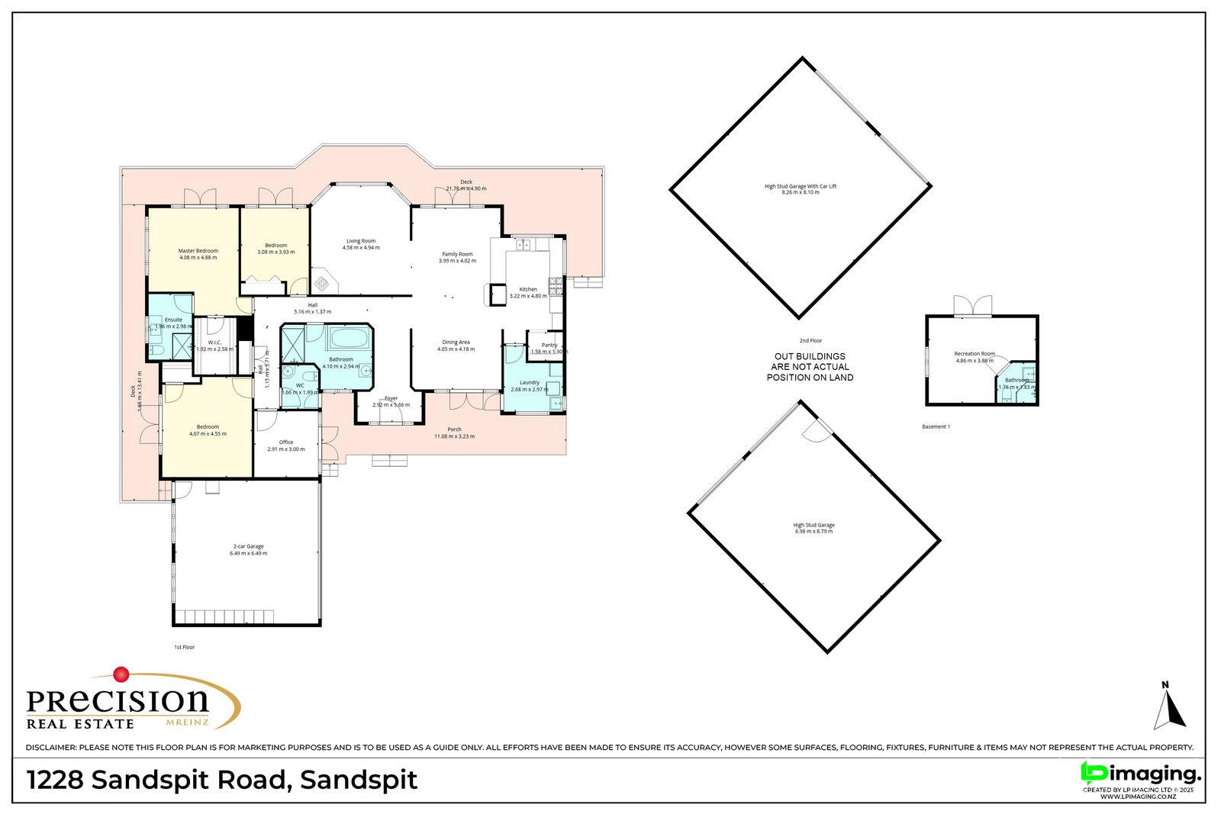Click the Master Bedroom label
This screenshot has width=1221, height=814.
(x=198, y=251)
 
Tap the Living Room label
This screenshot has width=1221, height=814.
(x=360, y=241)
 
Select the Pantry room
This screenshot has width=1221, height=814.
(x=549, y=348)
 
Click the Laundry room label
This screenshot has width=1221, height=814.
(x=529, y=383)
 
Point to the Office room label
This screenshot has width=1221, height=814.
(x=285, y=442)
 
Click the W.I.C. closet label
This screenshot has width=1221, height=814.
(x=214, y=343)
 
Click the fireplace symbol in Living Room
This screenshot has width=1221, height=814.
(x=324, y=282)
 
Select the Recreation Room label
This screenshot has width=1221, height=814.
(x=974, y=354)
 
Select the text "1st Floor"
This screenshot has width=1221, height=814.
(x=184, y=647)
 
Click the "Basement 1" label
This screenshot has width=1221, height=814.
(x=936, y=426)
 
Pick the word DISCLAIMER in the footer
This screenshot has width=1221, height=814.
(x=50, y=748)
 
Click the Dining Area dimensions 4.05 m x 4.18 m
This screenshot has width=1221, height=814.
(x=456, y=349)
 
